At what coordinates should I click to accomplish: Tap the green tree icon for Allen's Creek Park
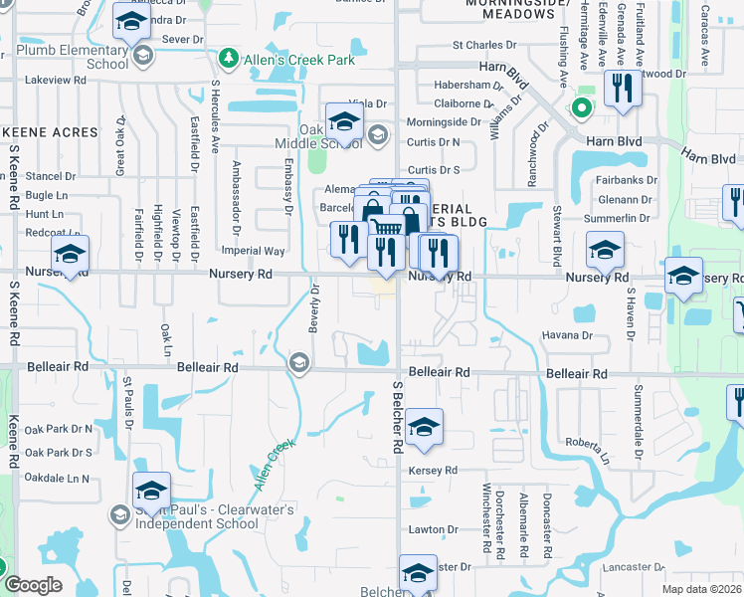tap(229, 60)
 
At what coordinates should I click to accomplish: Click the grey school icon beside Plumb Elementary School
tap(144, 56)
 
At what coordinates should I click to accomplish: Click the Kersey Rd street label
tap(438, 470)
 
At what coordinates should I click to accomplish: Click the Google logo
tap(33, 585)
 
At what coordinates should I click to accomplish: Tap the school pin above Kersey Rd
tap(424, 428)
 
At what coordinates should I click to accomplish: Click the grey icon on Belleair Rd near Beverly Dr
tap(298, 365)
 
